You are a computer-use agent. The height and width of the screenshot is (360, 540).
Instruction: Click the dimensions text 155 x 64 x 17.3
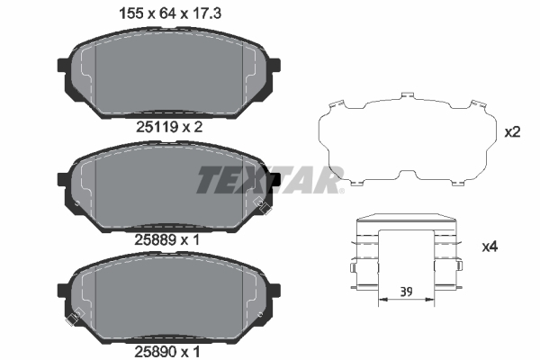point(169,13)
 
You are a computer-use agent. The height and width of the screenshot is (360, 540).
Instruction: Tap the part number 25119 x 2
point(169,128)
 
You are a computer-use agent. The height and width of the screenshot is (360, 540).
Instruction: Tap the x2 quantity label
point(512,132)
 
